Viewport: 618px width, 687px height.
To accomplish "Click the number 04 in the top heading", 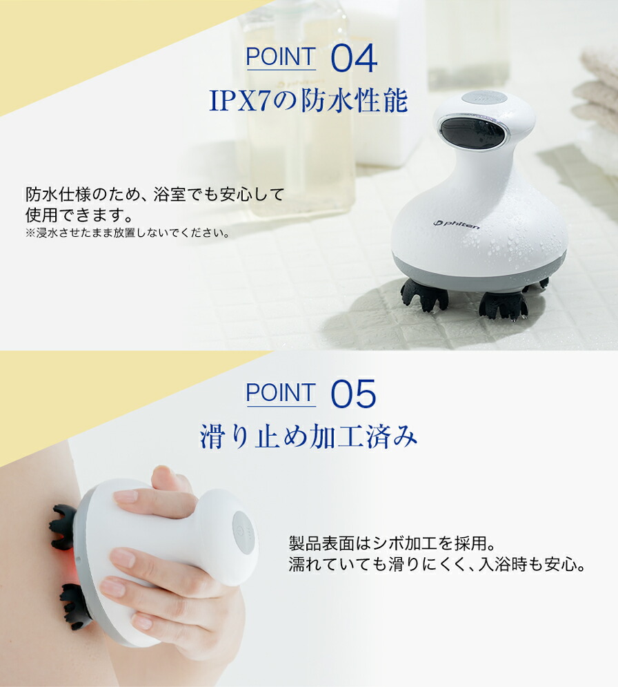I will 354,59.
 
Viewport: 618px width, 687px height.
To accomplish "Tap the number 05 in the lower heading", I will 353,395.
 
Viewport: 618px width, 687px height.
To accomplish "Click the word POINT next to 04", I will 281,58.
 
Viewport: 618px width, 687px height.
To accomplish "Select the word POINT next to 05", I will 281,394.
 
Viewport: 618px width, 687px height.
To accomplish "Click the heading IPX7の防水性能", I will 308,101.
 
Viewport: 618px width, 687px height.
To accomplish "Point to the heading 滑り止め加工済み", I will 308,436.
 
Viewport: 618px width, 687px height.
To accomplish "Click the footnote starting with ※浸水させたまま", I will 128,233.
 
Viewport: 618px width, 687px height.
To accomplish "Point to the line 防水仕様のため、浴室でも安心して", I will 154,194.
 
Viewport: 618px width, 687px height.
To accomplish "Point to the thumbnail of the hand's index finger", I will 126,496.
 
